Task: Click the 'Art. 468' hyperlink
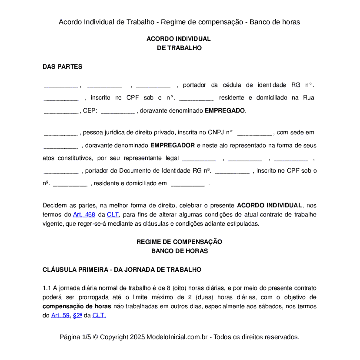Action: (x=84, y=215)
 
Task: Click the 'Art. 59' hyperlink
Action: (x=60, y=316)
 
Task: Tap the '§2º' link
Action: (x=77, y=316)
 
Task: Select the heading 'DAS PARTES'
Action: (x=62, y=67)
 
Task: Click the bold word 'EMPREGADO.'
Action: (x=225, y=111)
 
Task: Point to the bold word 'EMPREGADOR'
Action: (x=173, y=145)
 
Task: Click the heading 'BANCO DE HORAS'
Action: (x=180, y=251)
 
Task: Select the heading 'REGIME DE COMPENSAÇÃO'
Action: (x=180, y=242)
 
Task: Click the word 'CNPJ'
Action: (x=217, y=133)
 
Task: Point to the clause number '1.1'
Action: (x=47, y=288)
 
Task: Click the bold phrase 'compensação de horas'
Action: (x=77, y=307)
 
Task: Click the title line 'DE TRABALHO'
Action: (x=179, y=48)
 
